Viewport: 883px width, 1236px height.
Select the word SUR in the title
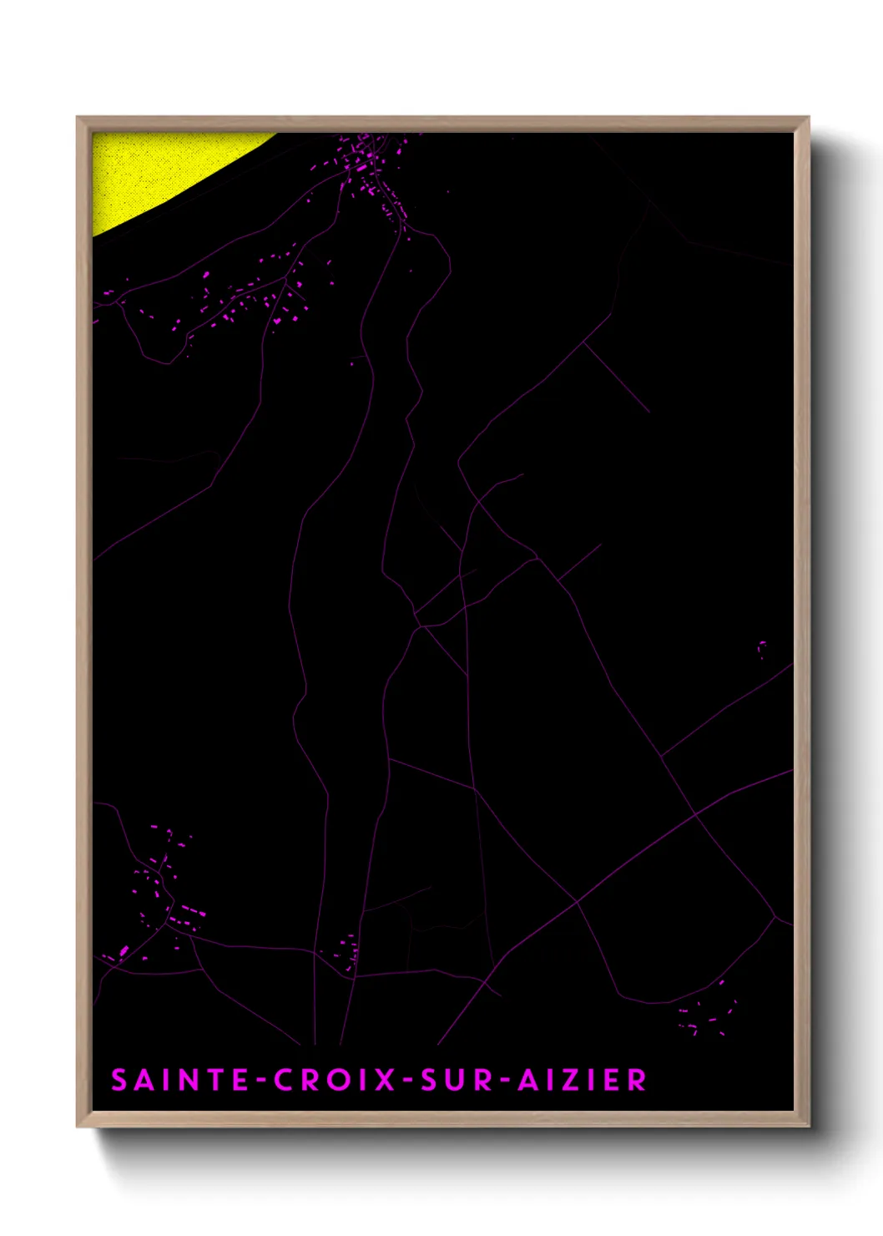click(451, 1080)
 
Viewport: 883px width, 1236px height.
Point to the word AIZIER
click(582, 1080)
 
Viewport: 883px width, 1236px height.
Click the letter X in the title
click(385, 1080)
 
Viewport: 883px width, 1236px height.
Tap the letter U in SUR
click(452, 1080)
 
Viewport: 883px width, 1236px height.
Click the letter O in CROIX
click(340, 1080)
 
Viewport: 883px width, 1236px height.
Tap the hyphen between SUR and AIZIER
click(503, 1081)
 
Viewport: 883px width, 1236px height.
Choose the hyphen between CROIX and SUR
click(407, 1081)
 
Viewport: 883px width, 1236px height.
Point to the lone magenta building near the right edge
click(762, 647)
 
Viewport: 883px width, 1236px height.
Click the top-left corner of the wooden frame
click(78, 119)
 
